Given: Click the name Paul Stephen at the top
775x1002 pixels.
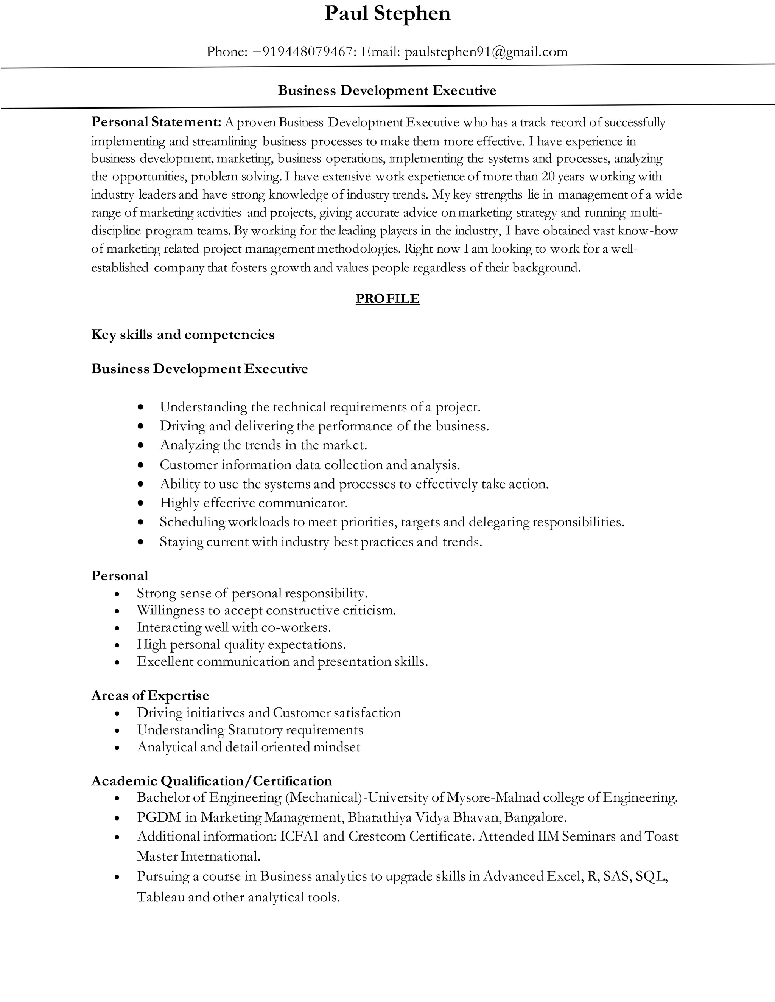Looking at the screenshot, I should (387, 14).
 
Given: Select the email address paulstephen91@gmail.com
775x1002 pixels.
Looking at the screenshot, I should (486, 52).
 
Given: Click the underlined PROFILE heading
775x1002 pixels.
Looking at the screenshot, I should (387, 299).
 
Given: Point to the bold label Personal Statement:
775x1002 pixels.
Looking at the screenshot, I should (157, 122).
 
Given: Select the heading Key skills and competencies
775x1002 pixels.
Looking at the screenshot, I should (183, 335).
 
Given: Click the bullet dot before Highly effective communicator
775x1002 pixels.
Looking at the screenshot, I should (141, 503).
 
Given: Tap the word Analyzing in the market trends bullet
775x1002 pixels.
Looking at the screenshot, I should (190, 445).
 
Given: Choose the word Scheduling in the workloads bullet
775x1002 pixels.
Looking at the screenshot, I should (192, 522).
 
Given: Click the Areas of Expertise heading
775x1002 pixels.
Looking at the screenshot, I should (150, 695).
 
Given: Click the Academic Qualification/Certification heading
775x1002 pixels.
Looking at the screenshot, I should (211, 781).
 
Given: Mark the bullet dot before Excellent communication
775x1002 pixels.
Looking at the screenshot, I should (118, 662).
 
